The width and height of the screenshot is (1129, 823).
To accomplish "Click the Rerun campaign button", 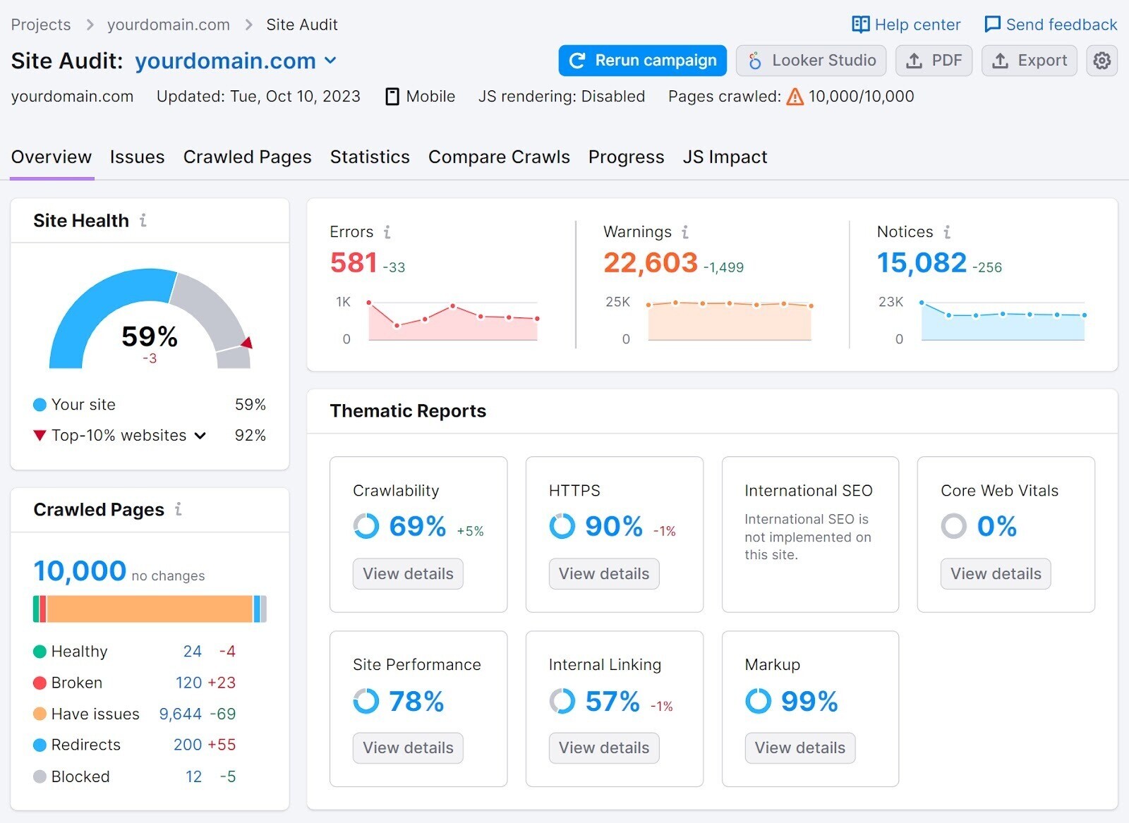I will [642, 61].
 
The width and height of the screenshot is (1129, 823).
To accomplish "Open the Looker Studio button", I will [811, 61].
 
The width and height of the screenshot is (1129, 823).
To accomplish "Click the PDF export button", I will [934, 61].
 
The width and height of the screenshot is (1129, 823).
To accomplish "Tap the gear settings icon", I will [1101, 61].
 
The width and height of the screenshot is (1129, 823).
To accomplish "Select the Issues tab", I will [137, 157].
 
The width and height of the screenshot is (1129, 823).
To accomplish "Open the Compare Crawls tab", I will [499, 157].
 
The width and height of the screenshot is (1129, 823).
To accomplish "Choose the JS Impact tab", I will [725, 157].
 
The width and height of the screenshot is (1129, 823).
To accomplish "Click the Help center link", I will [906, 25].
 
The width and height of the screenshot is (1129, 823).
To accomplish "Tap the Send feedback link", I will [1051, 25].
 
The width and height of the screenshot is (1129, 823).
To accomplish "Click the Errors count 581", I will [354, 263].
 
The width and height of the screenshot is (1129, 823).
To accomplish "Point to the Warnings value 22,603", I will [650, 263].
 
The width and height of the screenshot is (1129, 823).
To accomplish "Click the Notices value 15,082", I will [922, 263].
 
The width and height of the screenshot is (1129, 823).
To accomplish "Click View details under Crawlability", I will [408, 573].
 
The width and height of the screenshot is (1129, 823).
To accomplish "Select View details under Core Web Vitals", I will [996, 573].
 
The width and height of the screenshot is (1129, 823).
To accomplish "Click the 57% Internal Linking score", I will [612, 702].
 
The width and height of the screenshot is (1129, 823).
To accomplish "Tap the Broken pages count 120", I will [188, 683].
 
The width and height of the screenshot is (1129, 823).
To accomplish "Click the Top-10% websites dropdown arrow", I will [200, 436].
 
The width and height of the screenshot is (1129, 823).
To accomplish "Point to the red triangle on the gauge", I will [247, 343].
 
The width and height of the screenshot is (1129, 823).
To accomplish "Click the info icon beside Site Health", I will [143, 221].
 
